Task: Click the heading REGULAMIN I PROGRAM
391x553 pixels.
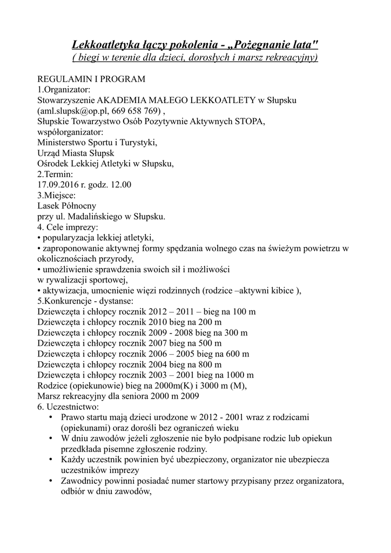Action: pos(91,79)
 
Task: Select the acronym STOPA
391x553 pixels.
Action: pos(249,122)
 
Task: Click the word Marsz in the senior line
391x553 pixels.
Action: pos(49,396)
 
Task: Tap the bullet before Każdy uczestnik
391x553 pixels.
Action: pos(50,460)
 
